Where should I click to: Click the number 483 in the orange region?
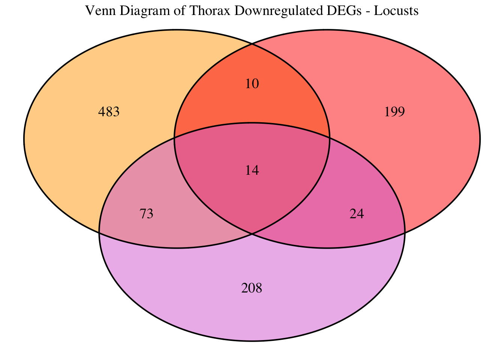click(x=109, y=112)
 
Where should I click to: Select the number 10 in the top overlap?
click(x=252, y=84)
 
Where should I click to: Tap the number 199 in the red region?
click(x=394, y=112)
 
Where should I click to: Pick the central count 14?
click(x=252, y=170)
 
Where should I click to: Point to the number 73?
click(x=147, y=213)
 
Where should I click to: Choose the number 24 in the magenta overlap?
click(x=357, y=213)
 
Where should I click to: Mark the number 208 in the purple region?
click(x=252, y=288)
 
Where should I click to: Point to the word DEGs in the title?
click(x=344, y=10)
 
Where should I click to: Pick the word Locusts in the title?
click(x=396, y=10)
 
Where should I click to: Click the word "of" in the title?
click(x=180, y=10)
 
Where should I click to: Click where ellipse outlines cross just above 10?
click(x=252, y=44)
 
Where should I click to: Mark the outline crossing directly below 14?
click(x=252, y=234)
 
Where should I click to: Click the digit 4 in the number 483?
click(x=102, y=112)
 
